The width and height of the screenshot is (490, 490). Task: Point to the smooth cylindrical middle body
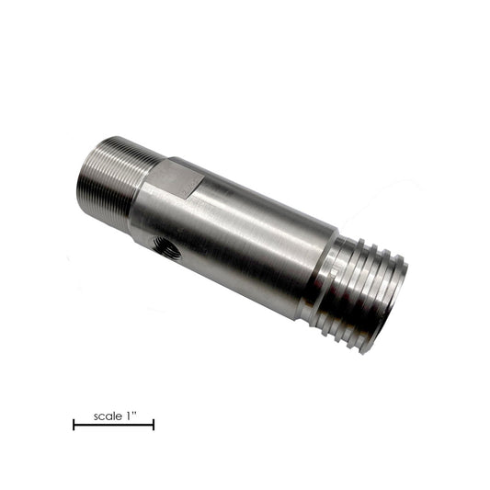(248, 239)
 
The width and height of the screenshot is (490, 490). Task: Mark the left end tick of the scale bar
(74, 424)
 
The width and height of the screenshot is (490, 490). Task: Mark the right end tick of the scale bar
(154, 424)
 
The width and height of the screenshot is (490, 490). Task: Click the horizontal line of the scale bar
(113, 424)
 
